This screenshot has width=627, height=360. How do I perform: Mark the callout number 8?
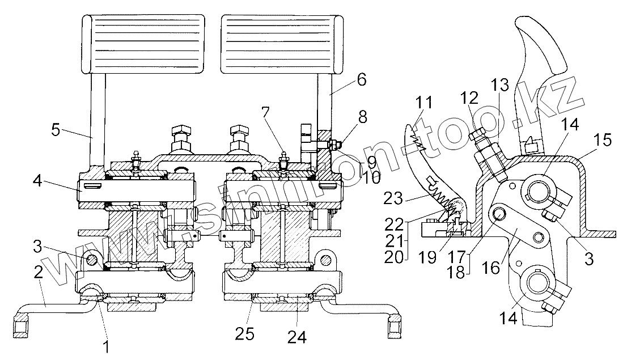363,117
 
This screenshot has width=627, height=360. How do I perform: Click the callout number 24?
297,337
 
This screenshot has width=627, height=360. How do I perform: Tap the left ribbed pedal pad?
143,43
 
